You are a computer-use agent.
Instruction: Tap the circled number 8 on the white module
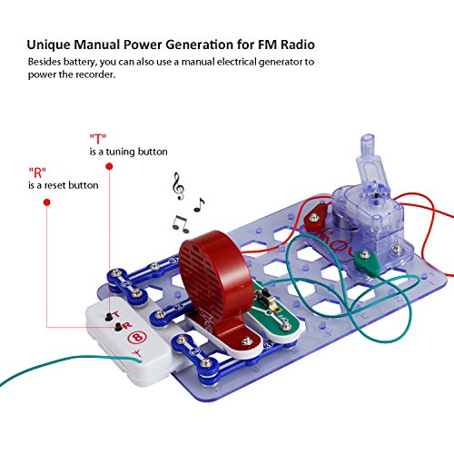(137, 337)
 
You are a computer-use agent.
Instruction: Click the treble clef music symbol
(178, 186)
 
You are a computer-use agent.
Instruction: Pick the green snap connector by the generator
(368, 262)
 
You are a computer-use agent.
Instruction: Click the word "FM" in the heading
(267, 44)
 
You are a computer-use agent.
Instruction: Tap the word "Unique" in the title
(49, 45)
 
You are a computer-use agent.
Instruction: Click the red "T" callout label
(98, 139)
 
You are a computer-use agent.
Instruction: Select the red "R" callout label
(37, 173)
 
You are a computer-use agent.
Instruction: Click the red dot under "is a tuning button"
(109, 166)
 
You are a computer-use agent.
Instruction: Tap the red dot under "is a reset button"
(46, 202)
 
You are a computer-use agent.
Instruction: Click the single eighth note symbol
(199, 204)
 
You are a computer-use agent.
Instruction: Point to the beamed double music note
(181, 224)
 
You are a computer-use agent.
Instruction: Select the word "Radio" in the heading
(298, 44)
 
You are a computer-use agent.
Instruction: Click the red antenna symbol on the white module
(137, 353)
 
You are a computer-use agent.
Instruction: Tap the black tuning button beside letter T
(108, 318)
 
